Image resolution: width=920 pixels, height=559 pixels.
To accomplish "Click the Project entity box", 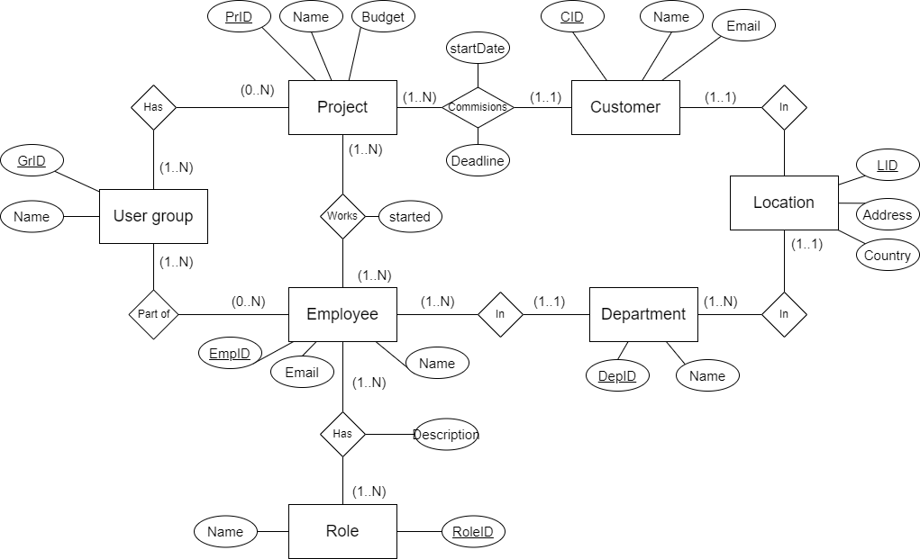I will click(342, 107).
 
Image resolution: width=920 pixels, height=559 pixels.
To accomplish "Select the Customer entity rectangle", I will click(625, 107).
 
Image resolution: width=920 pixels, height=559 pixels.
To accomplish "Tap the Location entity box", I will click(783, 203).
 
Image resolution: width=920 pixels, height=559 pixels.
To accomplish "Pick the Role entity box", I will click(342, 531).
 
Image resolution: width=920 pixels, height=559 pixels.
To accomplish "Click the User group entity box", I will click(153, 216).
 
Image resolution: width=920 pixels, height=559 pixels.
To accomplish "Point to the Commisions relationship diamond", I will click(478, 107).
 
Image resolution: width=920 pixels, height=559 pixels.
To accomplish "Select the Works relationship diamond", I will click(342, 216).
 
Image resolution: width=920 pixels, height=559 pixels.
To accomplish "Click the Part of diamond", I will click(153, 314).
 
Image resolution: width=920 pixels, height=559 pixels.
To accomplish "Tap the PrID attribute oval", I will click(239, 16).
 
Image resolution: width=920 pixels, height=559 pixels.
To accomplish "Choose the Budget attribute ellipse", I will click(383, 16).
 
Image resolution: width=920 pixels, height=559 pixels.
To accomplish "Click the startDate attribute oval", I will click(478, 49).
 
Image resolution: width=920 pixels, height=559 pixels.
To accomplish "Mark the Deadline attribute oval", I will click(478, 161).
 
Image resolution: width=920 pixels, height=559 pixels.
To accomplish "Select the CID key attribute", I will click(572, 16).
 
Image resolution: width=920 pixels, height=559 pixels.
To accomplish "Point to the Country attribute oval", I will click(887, 255).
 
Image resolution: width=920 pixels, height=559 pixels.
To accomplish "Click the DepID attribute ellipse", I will click(617, 376).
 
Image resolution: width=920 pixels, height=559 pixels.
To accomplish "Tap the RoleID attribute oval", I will click(473, 531).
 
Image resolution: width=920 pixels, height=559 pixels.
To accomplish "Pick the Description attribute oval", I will click(446, 435).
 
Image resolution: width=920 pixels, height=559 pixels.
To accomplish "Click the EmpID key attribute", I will click(230, 354).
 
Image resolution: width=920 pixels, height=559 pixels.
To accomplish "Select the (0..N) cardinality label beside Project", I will click(257, 90).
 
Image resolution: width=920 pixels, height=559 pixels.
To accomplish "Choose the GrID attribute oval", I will click(32, 161).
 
